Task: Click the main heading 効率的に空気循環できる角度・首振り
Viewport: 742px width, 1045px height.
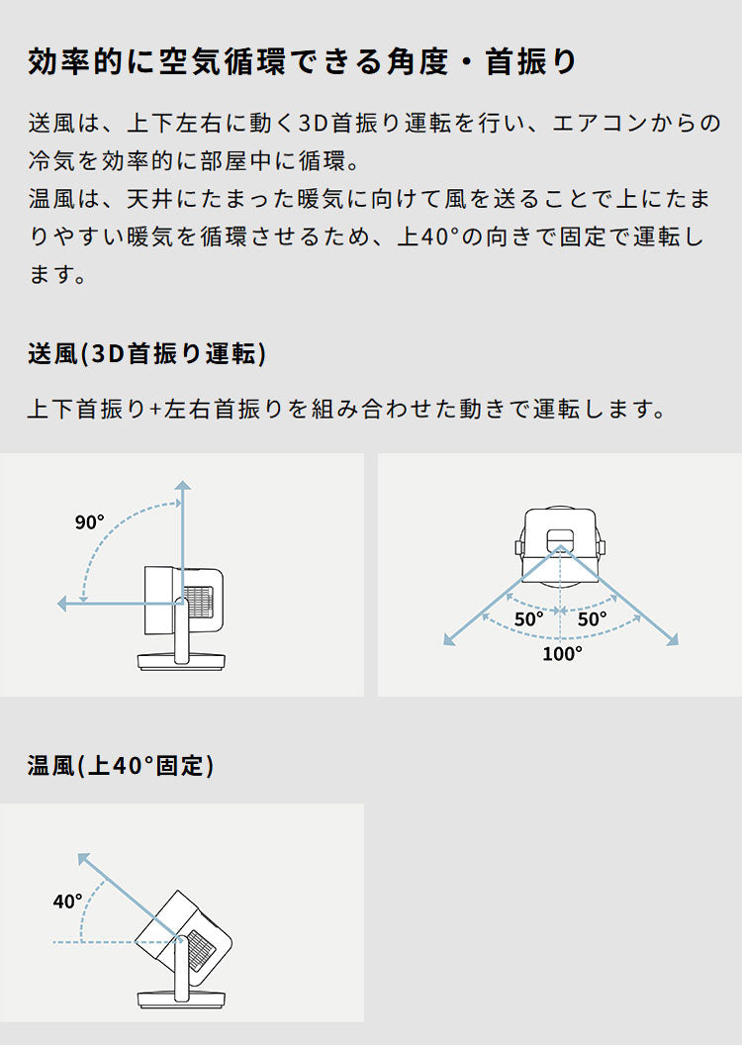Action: point(303,62)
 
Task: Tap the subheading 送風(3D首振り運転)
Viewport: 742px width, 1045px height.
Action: point(146,353)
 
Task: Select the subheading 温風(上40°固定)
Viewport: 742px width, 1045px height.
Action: point(121,765)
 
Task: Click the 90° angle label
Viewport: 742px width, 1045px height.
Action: point(90,522)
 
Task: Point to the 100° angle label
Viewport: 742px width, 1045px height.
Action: point(562,653)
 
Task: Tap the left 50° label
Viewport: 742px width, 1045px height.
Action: point(528,619)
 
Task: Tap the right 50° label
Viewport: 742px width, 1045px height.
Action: point(593,619)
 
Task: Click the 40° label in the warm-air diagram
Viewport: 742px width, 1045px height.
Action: point(68,902)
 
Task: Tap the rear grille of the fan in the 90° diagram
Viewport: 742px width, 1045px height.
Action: point(201,601)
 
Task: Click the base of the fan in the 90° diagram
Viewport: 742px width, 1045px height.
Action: point(182,661)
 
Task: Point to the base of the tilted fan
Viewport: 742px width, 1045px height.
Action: point(182,998)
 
